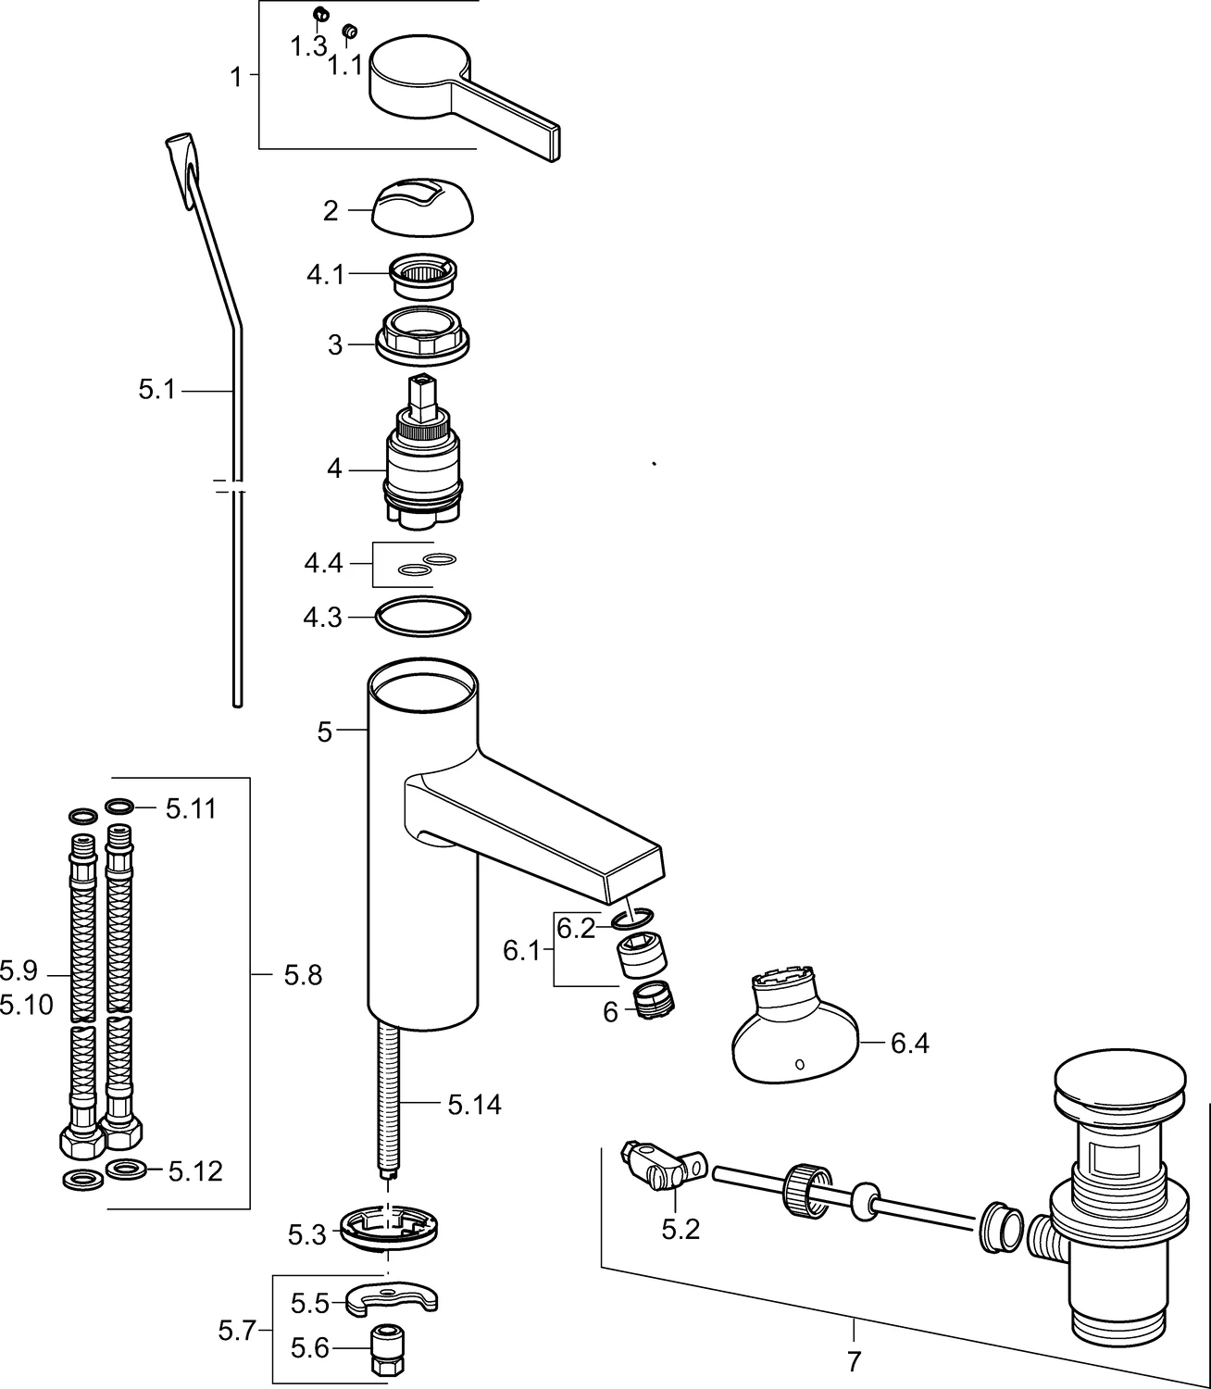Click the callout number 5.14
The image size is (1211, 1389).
(474, 1105)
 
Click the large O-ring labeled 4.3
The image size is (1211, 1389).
(423, 617)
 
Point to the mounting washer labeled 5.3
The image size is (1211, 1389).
(387, 1228)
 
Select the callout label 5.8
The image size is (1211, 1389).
(303, 975)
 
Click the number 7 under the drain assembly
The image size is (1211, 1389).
(854, 1361)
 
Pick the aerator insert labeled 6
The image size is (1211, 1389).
(655, 1001)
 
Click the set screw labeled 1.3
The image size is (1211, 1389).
(321, 14)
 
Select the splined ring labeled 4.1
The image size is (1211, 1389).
(424, 273)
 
